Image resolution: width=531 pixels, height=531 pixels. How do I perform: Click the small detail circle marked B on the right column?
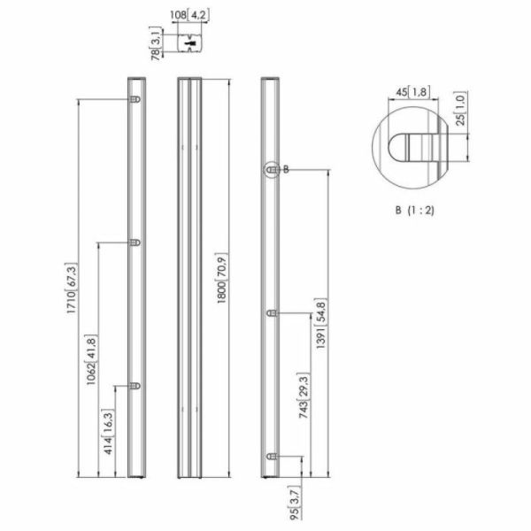point(271,170)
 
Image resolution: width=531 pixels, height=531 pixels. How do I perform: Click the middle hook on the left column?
point(135,242)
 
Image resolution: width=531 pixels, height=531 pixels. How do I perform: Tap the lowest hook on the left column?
point(135,385)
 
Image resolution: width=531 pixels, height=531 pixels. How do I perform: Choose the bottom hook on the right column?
point(271,457)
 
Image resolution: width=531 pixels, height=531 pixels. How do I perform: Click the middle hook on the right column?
point(271,313)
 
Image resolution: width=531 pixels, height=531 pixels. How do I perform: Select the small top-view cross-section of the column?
point(191,42)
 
